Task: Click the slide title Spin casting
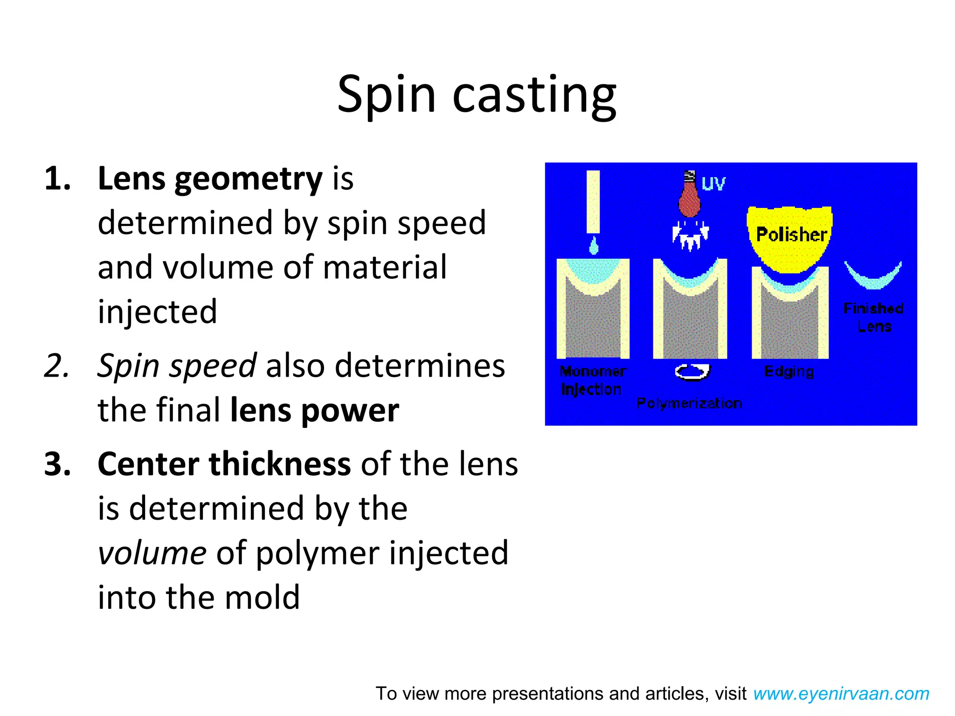coord(477,96)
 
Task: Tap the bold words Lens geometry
coord(210,179)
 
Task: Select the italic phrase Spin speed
coord(177,366)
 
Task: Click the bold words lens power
coord(315,410)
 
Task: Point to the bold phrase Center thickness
coord(224,464)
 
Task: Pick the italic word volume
coord(152,553)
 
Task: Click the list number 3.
coord(57,464)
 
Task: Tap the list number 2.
coord(56,366)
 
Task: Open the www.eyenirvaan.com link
coord(841,694)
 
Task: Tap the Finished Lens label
coord(873,317)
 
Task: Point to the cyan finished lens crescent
coord(873,278)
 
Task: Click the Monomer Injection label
coord(592,380)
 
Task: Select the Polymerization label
coord(689,403)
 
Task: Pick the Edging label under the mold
coord(789,372)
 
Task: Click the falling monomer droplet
coord(594,246)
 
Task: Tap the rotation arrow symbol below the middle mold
coord(692,372)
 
